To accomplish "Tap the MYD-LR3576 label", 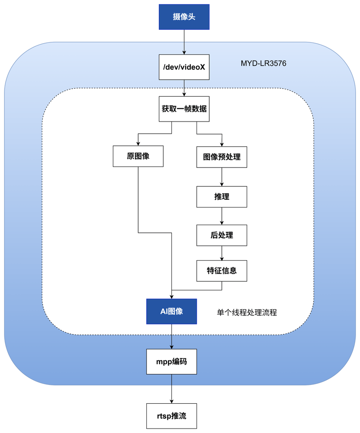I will point(263,63).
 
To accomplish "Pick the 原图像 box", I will point(138,157).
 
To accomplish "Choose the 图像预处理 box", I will point(222,157).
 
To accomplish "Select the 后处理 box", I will point(222,235).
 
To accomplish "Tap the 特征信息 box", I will point(222,271).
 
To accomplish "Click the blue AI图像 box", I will point(172,311).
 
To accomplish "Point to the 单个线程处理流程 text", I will point(247,312).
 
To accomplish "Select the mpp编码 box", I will point(172,361).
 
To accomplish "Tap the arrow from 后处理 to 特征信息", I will point(222,253).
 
